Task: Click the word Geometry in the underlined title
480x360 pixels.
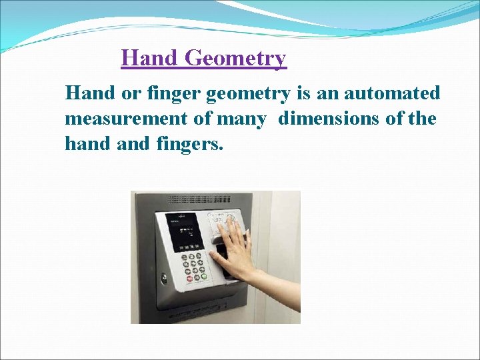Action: [235, 59]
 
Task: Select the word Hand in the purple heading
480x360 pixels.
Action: [150, 59]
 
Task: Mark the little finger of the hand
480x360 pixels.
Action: [245, 233]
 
